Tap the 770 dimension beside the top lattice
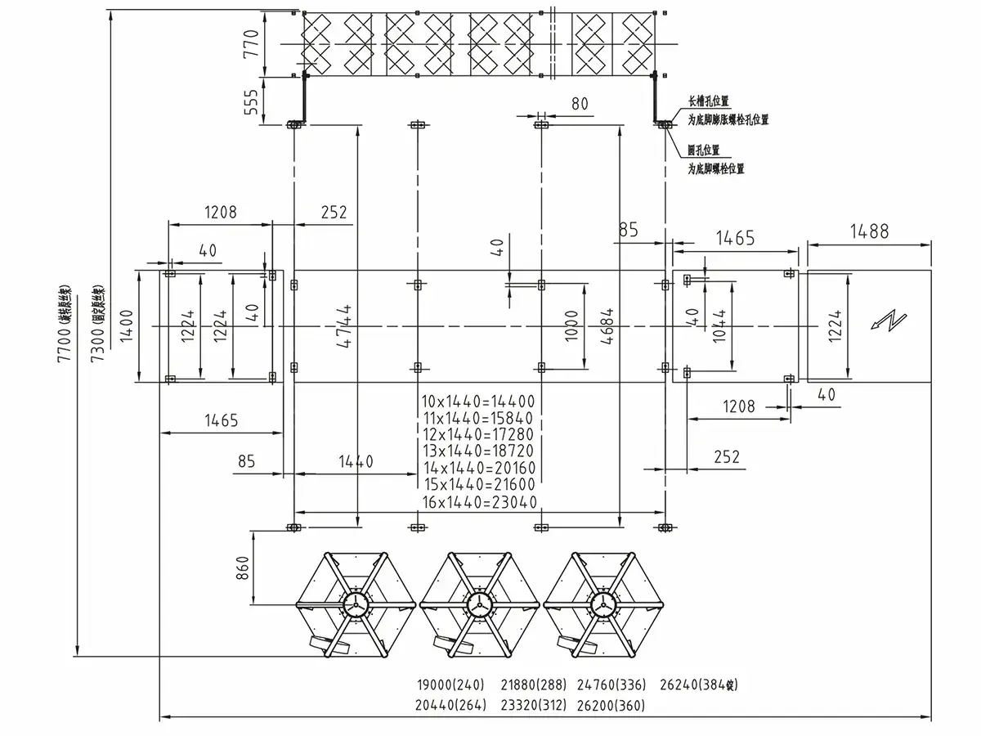(x=251, y=41)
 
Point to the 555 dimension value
(x=251, y=101)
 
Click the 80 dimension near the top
(x=579, y=103)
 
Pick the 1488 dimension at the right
(x=868, y=231)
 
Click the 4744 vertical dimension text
(x=347, y=326)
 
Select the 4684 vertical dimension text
(x=608, y=326)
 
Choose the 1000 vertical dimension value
(x=572, y=325)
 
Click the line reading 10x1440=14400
(x=477, y=402)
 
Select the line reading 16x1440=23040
(x=479, y=502)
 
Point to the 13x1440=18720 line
(x=478, y=451)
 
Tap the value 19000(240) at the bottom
(x=451, y=685)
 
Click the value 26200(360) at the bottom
(x=611, y=704)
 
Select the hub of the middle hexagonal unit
(x=478, y=605)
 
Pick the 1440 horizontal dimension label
(x=353, y=462)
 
